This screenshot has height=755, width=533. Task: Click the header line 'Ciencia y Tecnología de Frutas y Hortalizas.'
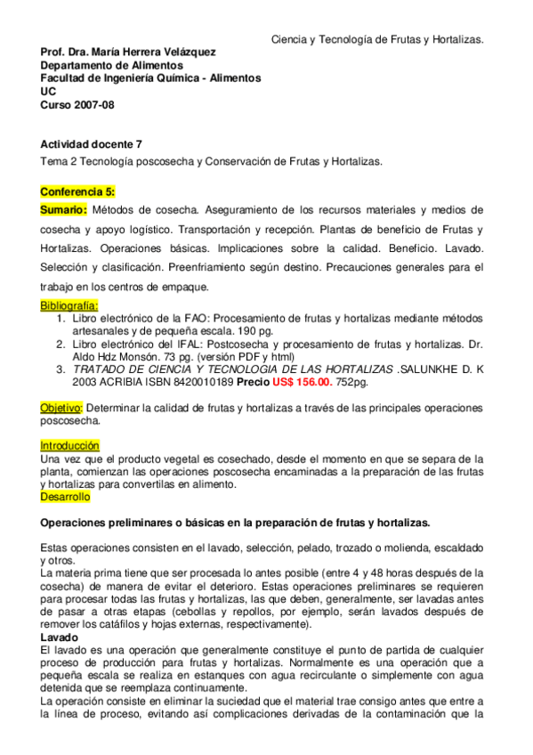[x=377, y=40]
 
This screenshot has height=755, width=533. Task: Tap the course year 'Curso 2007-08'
[x=77, y=104]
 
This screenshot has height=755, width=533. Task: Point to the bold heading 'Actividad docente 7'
[x=91, y=143]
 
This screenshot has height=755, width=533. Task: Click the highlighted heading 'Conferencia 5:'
[x=77, y=191]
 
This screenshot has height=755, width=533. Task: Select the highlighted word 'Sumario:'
[x=63, y=210]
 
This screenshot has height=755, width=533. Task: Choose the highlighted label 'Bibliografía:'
[x=69, y=305]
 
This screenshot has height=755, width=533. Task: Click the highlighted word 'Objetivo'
[x=60, y=407]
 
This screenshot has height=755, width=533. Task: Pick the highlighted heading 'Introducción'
[x=69, y=445]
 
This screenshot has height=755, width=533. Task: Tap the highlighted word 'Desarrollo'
[x=65, y=497]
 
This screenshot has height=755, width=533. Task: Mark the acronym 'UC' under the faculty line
[x=48, y=91]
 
